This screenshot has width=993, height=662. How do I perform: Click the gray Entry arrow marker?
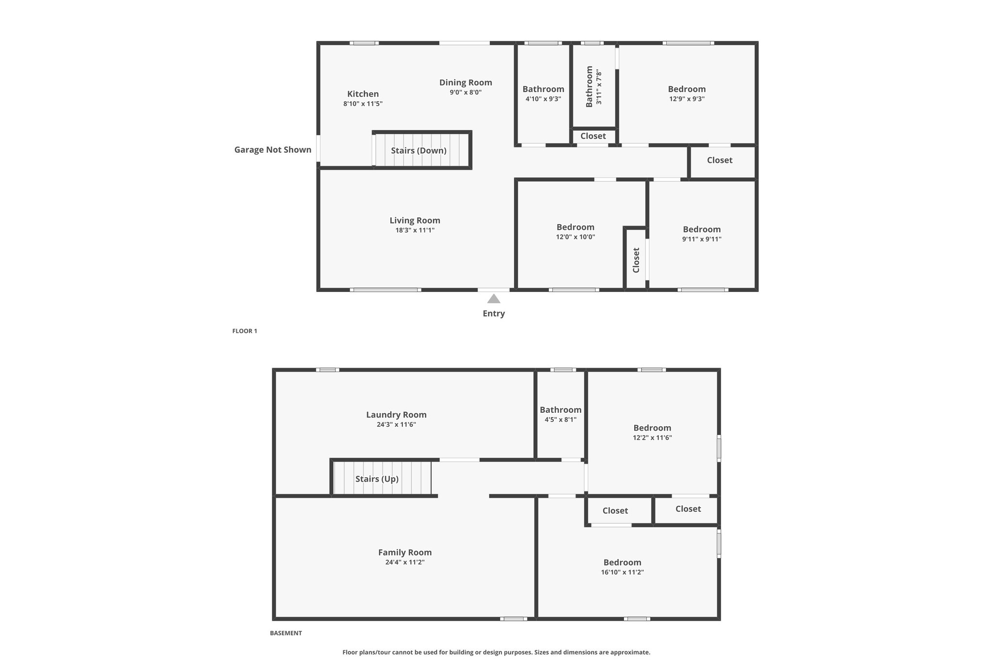point(494,298)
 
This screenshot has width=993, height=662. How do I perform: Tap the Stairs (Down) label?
point(419,150)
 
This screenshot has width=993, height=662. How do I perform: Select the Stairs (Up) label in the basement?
point(377,479)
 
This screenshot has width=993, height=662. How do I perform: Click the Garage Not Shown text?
point(273,149)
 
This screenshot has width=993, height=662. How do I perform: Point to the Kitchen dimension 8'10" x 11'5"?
point(363,103)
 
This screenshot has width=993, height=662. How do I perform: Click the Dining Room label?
point(466,82)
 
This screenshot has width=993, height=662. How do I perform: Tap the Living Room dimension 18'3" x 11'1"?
point(415,230)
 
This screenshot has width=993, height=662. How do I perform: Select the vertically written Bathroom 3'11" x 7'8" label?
point(594,87)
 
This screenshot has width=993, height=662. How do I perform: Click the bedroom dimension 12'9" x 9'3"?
point(687,99)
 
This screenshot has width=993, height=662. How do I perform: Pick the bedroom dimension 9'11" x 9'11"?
point(702,239)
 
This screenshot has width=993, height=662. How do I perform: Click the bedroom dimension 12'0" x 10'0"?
point(576,237)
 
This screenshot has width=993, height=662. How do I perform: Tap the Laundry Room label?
point(397,415)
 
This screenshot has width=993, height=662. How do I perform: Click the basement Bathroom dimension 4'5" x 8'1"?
point(561,420)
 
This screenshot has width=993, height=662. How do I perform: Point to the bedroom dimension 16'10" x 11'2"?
point(623,572)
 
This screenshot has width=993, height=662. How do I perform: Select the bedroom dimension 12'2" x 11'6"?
point(653,437)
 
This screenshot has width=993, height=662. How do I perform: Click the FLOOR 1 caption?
point(245,331)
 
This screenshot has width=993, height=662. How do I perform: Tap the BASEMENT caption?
point(286,633)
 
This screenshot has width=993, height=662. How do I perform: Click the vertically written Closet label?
point(636,260)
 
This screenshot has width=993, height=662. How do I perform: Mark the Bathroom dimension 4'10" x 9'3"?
point(544,99)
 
